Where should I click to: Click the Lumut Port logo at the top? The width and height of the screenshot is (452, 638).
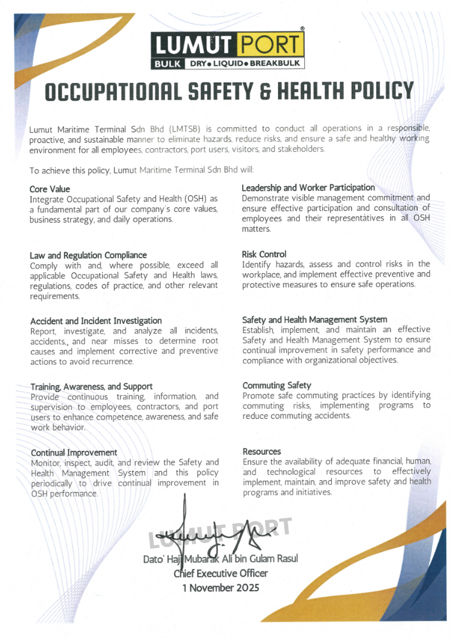point(227,50)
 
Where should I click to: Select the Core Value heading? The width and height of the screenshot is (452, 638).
point(50,189)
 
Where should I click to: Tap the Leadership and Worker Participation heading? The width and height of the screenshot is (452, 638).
point(308,188)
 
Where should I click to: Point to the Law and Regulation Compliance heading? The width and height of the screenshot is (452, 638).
point(88,255)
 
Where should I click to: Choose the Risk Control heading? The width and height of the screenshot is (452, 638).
point(264,254)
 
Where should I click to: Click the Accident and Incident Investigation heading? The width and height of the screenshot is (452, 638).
point(96,321)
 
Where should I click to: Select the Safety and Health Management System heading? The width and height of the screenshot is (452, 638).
point(314,320)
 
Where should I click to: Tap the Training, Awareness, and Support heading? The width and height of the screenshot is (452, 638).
point(92,386)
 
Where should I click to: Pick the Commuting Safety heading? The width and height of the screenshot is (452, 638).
point(277,386)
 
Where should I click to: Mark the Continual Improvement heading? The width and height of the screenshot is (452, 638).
point(74,452)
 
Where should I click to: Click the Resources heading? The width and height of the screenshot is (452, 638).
point(261,452)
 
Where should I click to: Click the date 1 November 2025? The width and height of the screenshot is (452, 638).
point(221,588)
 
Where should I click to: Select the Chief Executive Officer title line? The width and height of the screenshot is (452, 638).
point(221,574)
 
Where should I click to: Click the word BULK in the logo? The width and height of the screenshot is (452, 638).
point(167,63)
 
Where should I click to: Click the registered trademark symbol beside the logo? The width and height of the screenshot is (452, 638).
point(303,29)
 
